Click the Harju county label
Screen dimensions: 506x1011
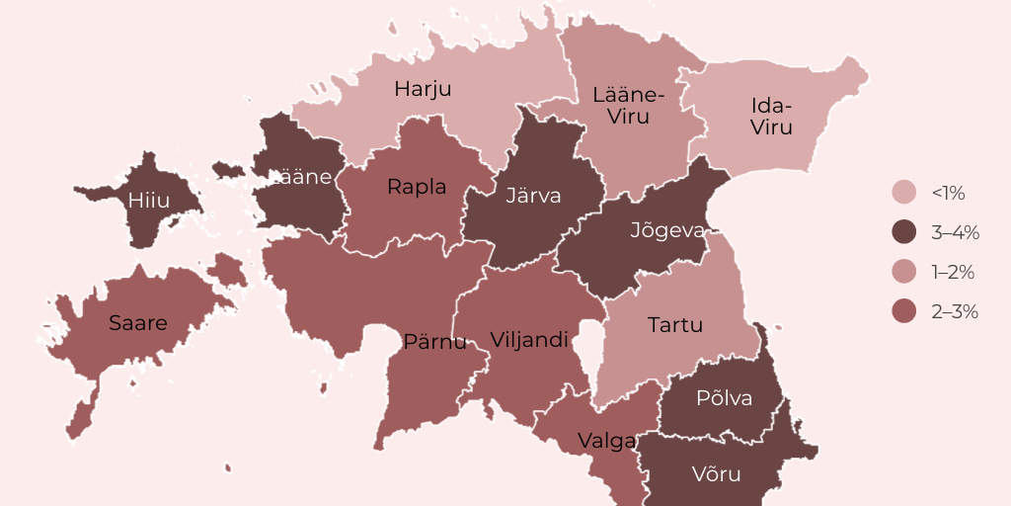click(x=423, y=89)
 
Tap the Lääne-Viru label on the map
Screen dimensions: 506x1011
click(x=629, y=106)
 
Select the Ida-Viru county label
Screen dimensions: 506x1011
click(x=771, y=117)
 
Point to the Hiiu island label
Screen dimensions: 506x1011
click(x=149, y=201)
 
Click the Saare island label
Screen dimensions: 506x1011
click(x=137, y=323)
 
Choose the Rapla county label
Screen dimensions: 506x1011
click(x=417, y=186)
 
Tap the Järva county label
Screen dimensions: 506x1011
click(x=533, y=196)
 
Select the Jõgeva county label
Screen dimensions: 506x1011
click(x=667, y=231)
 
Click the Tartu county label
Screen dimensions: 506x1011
click(x=675, y=324)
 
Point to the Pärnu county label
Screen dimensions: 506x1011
click(x=434, y=342)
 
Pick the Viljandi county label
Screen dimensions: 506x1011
click(x=529, y=340)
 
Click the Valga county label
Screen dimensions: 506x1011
click(x=606, y=441)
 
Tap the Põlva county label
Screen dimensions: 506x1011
click(x=724, y=398)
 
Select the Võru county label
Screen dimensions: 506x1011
click(x=716, y=474)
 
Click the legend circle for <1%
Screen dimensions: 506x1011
click(x=904, y=193)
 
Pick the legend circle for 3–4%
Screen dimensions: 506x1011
click(x=904, y=232)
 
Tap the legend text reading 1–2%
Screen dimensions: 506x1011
click(x=954, y=272)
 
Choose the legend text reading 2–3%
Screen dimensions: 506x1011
click(x=954, y=311)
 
